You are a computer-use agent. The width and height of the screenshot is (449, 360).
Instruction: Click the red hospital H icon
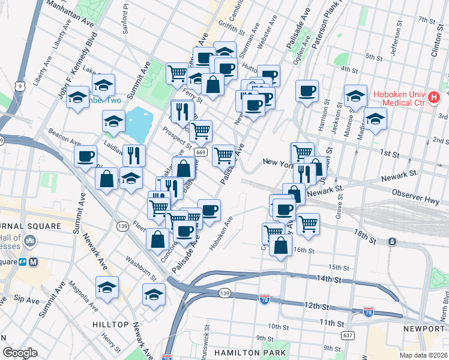point(435,96)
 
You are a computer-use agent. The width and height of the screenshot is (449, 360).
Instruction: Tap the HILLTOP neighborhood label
point(110,324)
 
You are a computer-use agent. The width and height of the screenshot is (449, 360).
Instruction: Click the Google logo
point(20,353)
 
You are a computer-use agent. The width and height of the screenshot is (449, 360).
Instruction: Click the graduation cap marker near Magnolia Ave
point(107,286)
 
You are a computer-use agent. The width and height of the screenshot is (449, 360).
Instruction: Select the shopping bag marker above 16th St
point(280,245)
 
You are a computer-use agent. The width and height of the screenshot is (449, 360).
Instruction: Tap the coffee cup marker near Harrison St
point(307,91)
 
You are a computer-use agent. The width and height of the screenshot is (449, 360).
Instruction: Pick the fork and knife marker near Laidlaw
point(134,155)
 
